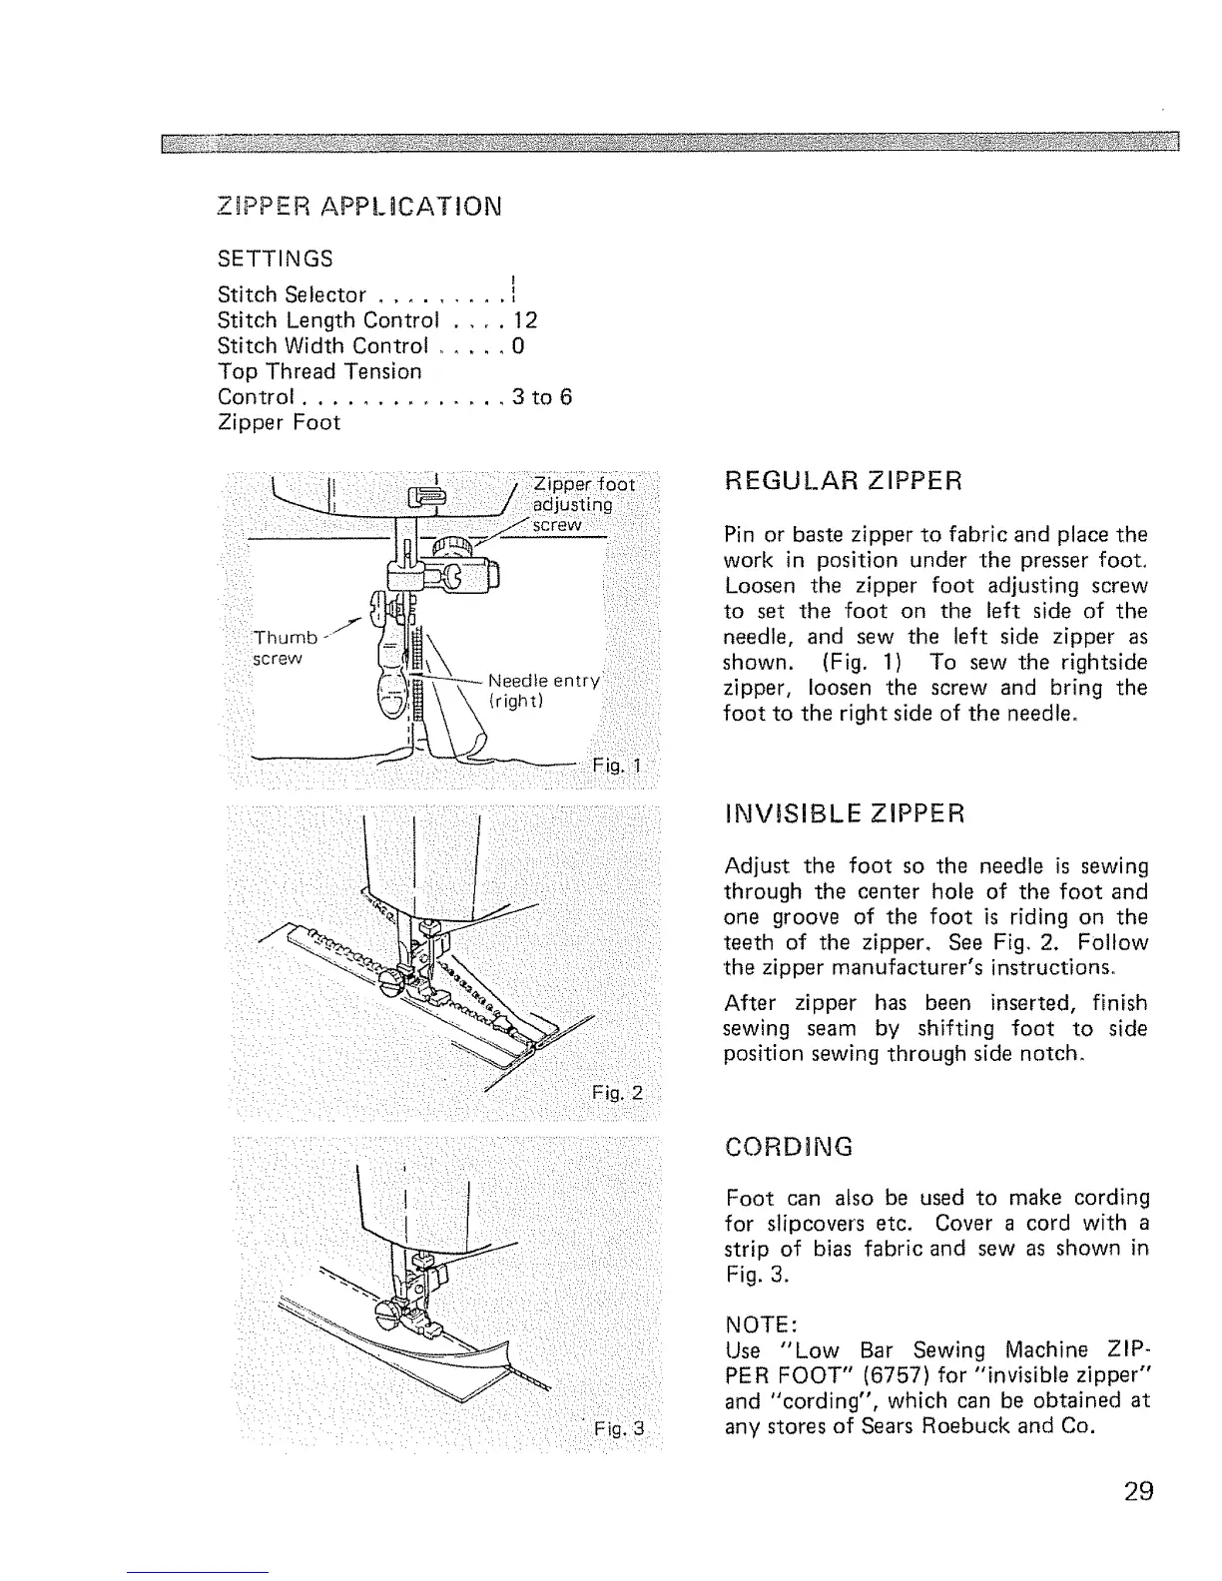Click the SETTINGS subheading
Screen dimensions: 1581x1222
276,259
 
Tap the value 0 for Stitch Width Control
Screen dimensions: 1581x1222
518,346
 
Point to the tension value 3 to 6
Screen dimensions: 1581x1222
541,397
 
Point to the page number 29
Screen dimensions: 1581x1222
1137,1491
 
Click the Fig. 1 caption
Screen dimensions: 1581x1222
620,767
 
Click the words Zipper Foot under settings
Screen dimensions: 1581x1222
279,422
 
